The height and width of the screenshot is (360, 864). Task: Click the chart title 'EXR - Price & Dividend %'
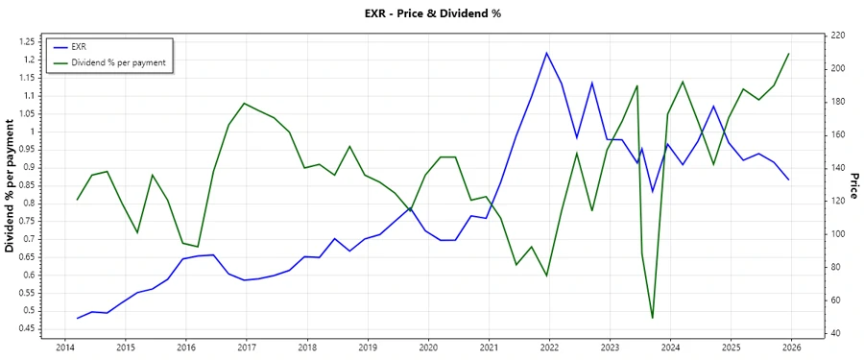click(432, 13)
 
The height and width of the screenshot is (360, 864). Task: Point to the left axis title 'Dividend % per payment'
click(11, 186)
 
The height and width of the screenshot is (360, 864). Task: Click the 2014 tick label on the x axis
click(65, 347)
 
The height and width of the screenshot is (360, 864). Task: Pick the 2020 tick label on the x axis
click(428, 347)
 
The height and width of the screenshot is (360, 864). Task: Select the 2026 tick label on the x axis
click(792, 347)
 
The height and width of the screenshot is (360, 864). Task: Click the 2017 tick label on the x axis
click(247, 347)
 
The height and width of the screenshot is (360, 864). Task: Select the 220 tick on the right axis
click(837, 36)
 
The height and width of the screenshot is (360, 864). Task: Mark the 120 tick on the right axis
click(837, 201)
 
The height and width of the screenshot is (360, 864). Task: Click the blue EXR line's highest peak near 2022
click(547, 53)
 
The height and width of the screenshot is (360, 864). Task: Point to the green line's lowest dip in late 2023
click(653, 318)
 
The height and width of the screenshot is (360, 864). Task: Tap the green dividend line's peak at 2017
click(245, 103)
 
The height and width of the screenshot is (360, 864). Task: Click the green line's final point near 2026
click(789, 54)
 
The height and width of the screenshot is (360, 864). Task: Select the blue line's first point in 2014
click(78, 318)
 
